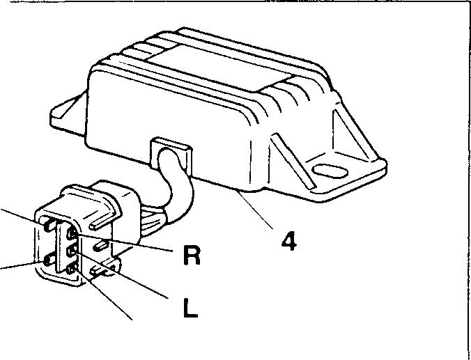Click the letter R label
click(192, 256)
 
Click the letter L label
click(189, 308)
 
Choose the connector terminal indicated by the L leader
click(72, 249)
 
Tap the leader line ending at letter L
click(125, 276)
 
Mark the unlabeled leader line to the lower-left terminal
click(17, 265)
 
